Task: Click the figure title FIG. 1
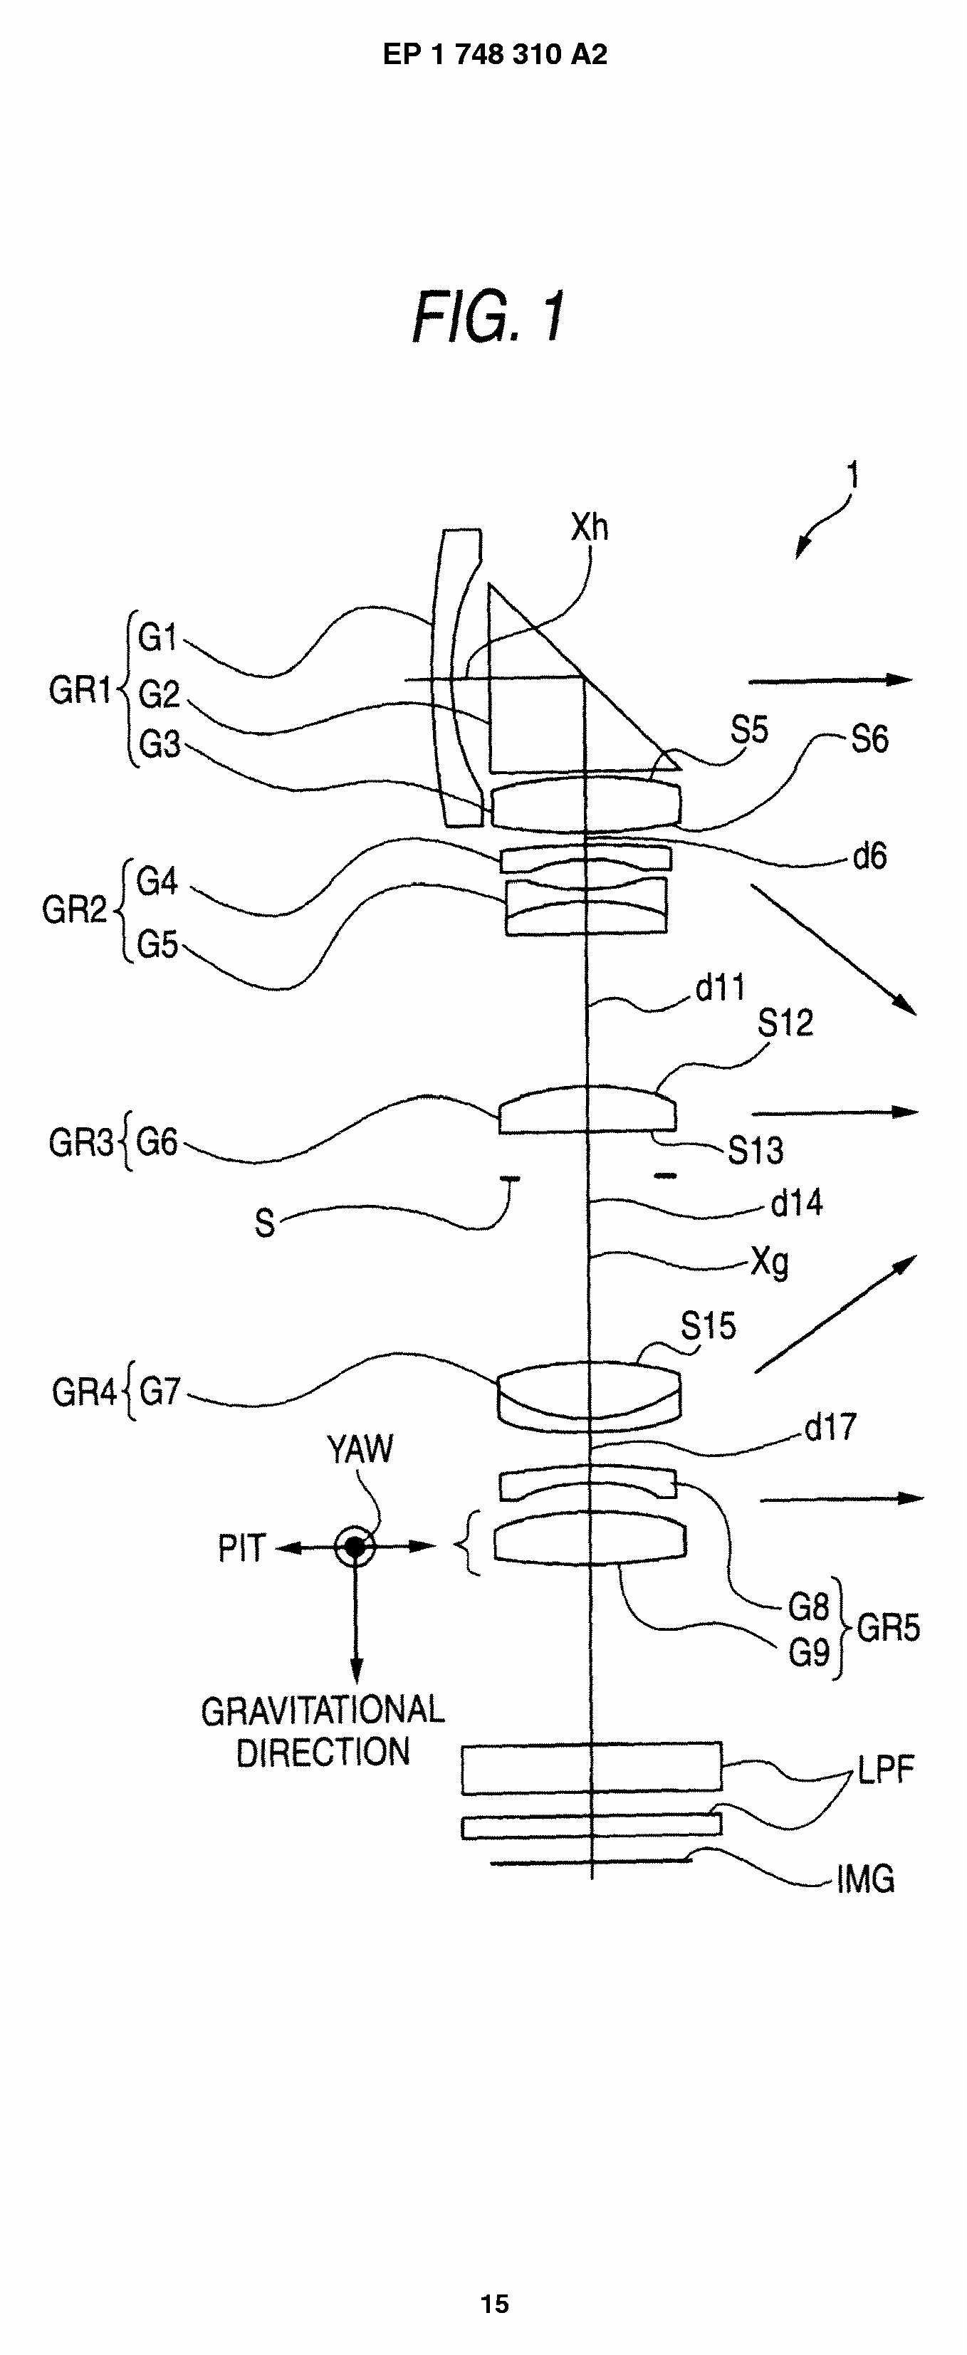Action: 489,317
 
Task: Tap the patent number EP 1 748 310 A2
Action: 494,55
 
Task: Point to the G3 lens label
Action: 159,745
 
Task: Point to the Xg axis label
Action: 770,1263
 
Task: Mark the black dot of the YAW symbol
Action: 355,1547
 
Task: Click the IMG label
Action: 864,1879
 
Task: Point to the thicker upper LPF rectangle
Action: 590,1767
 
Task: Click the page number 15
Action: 494,2304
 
